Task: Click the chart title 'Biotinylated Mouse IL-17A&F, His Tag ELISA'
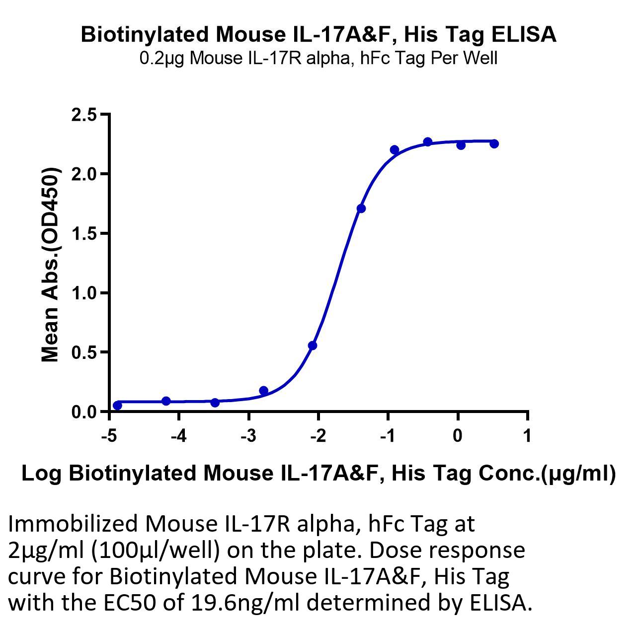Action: (x=319, y=35)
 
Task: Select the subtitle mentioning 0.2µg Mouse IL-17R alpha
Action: (x=319, y=58)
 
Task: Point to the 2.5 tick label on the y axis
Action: (x=84, y=115)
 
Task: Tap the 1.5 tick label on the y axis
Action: (x=84, y=233)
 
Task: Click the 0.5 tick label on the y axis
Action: (x=84, y=352)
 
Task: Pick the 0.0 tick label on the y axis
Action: (x=84, y=412)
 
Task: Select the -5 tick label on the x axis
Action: (x=109, y=436)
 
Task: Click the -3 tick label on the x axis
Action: (x=248, y=436)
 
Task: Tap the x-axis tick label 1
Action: (x=527, y=436)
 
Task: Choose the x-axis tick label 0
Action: (x=458, y=436)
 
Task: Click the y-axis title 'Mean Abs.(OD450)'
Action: (x=50, y=265)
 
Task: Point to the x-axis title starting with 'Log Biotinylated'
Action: (x=319, y=474)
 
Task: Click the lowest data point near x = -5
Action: (x=117, y=406)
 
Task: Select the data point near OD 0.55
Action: (x=313, y=346)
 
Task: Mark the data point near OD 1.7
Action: (x=361, y=208)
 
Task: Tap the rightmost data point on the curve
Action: (x=494, y=144)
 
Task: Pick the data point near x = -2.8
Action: (x=263, y=391)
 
